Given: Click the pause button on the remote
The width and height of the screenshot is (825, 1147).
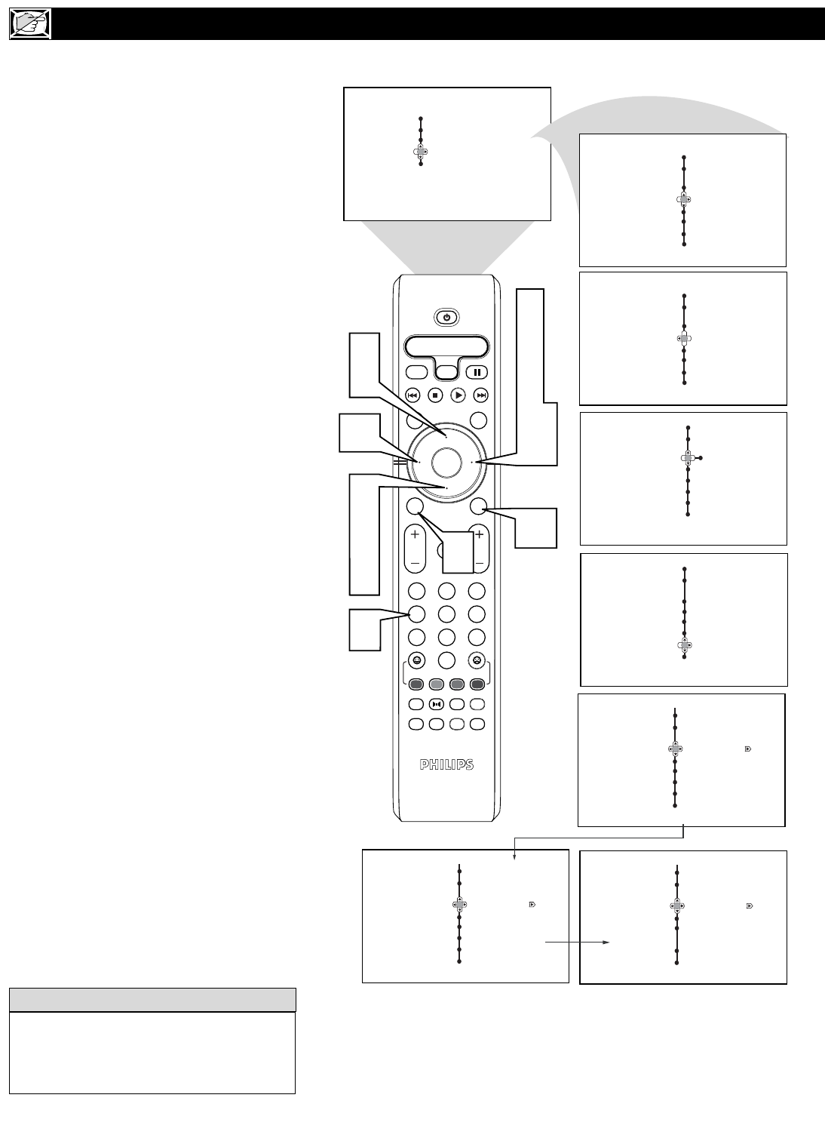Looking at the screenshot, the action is pos(477,372).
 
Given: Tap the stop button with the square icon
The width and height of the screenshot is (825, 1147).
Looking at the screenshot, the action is pos(435,395).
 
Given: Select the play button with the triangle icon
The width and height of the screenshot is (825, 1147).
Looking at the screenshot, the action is pos(458,395).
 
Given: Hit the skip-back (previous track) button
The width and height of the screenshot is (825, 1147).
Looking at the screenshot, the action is pos(412,395).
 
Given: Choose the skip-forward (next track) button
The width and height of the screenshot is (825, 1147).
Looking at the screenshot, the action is pos(480,395).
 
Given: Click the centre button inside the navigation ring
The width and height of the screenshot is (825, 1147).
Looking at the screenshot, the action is pos(446,463).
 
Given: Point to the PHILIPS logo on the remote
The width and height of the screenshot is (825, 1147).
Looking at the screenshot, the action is pos(446,764).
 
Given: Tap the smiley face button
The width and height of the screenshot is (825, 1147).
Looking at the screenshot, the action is pos(416,660).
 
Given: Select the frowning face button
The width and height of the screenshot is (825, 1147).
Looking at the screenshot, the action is pos(477,660).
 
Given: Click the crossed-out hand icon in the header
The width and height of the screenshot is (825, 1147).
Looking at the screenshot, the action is pos(30,23).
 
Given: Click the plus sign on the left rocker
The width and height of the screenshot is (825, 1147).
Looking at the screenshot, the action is pos(415,534).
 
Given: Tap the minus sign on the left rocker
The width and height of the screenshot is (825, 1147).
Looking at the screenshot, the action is pos(415,564).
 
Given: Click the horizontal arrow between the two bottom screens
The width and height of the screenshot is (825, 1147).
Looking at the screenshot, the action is pos(578,943).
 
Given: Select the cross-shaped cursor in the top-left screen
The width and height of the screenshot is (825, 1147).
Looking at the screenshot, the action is pos(420,152).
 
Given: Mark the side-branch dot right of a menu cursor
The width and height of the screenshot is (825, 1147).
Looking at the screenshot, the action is pos(701,458).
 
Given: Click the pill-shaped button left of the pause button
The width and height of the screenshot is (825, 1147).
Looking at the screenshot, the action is pos(416,372).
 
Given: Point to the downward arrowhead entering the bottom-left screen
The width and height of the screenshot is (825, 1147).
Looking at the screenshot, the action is pos(514,856).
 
